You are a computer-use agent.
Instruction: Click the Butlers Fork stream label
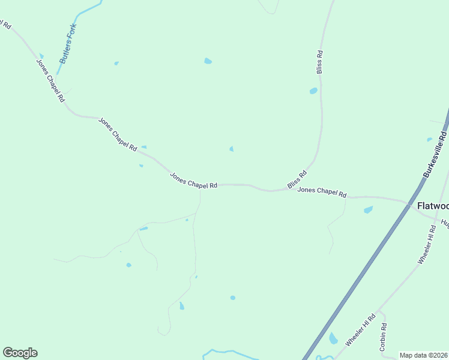[68, 43]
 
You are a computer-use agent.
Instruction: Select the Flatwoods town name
[432, 206]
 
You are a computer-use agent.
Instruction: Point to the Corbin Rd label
[383, 337]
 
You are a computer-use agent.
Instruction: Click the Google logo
[20, 353]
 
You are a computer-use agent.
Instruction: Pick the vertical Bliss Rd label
[320, 62]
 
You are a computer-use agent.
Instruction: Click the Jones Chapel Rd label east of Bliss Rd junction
[322, 193]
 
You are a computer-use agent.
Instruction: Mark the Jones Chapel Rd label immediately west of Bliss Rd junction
[193, 181]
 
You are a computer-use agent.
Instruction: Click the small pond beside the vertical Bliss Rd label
[313, 91]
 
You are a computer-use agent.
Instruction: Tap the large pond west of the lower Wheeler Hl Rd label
[333, 339]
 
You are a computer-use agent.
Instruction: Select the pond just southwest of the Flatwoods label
[368, 210]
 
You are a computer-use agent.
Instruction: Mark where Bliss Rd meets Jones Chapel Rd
[273, 190]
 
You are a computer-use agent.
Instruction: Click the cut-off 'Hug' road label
[445, 223]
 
